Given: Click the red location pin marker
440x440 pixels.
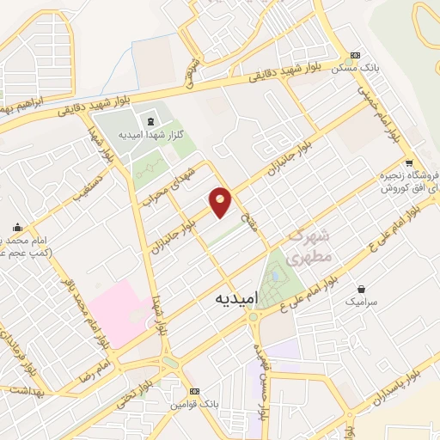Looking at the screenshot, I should coord(221,202).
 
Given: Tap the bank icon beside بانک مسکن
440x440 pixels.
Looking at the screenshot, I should coord(356,54).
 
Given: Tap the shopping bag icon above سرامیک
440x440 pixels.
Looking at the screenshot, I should coord(361,289).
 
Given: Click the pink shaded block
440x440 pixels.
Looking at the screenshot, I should coord(119,310).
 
